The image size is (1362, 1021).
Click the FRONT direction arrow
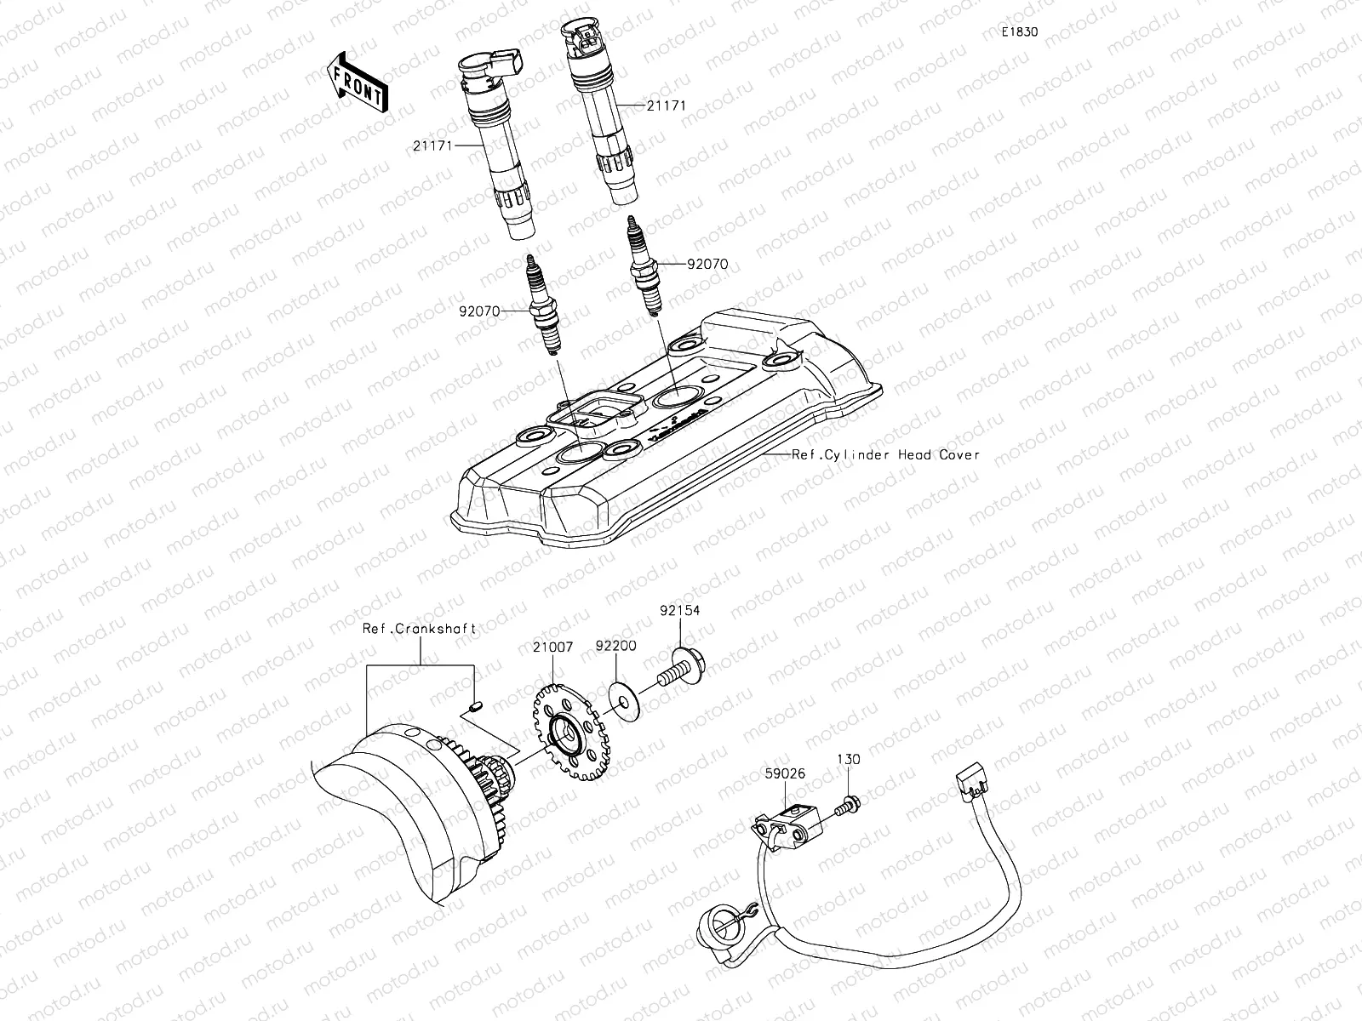(356, 82)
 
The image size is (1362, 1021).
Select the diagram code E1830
(1019, 31)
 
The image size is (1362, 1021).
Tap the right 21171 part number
(666, 106)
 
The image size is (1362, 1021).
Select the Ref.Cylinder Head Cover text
(885, 454)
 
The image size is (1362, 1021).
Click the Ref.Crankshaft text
(419, 629)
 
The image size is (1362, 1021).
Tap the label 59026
(784, 774)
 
